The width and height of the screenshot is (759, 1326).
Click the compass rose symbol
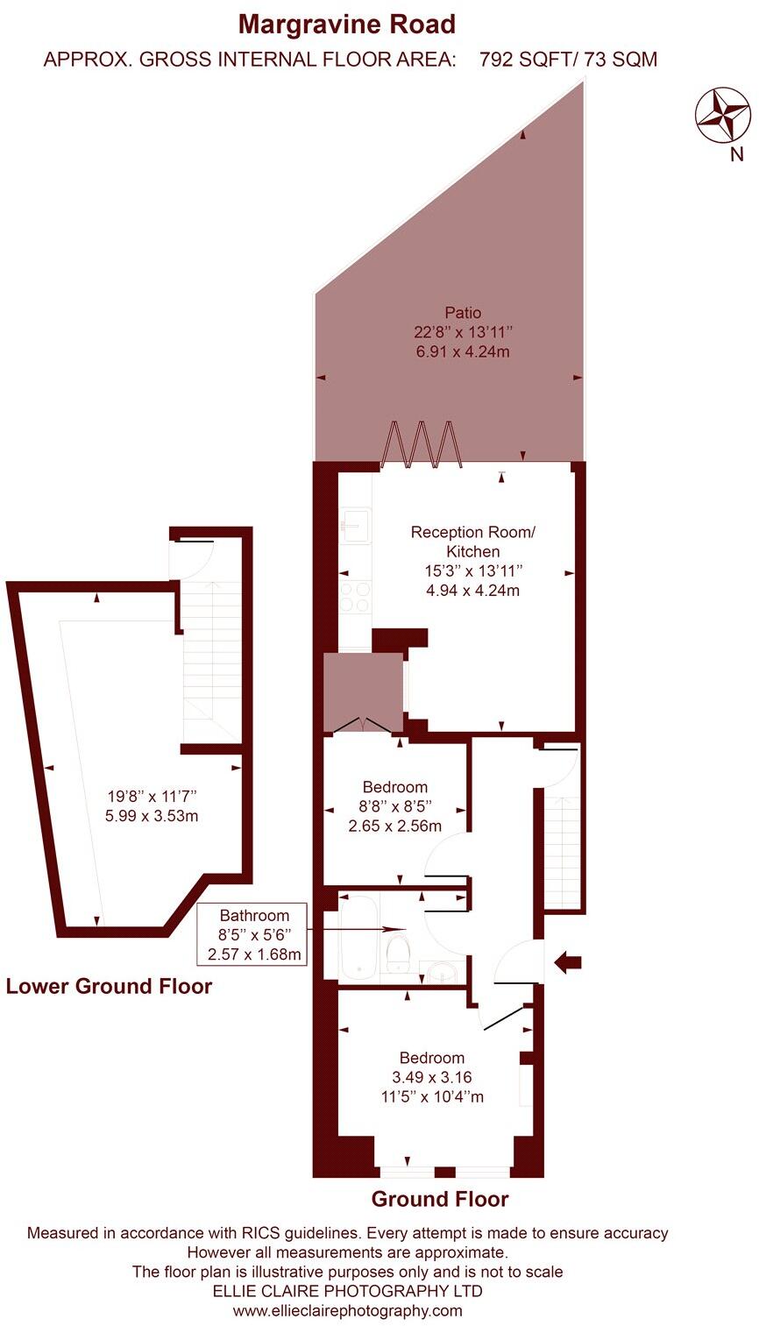[723, 115]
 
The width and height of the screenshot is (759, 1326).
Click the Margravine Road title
[348, 24]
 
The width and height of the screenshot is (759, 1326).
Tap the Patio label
[463, 312]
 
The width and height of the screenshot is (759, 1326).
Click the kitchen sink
[355, 526]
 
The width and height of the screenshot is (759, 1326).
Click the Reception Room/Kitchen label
[472, 542]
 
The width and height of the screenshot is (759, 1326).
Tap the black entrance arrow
[568, 963]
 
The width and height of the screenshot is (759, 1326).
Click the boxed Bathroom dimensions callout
[253, 933]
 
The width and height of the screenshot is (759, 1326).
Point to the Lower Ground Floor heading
[109, 986]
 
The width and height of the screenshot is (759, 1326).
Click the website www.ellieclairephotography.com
[347, 1311]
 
